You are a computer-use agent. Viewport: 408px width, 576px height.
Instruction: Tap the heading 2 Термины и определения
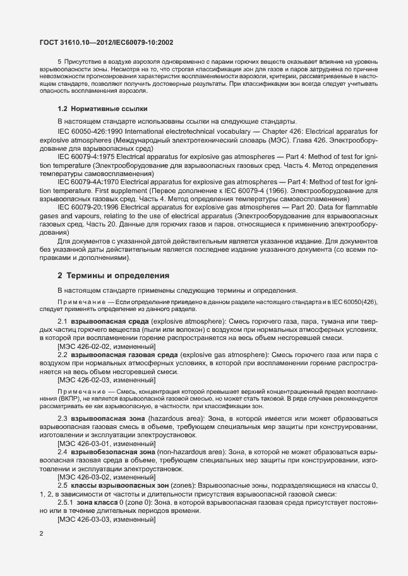[x=113, y=276]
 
